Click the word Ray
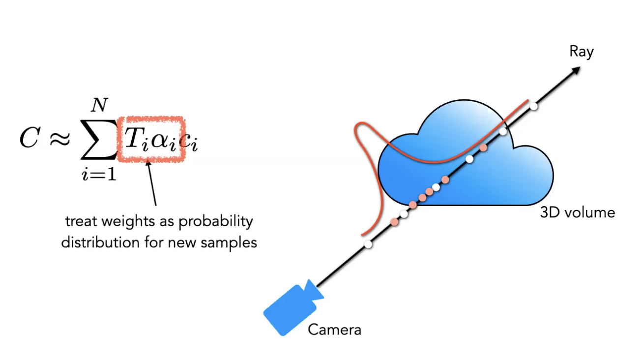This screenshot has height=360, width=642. [x=582, y=52]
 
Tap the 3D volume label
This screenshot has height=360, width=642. [x=577, y=212]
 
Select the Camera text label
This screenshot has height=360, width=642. [x=334, y=329]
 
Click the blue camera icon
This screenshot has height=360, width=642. [x=292, y=307]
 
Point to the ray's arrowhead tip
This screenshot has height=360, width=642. [x=579, y=68]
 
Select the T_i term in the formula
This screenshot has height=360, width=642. [x=135, y=140]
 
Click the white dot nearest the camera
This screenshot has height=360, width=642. [x=368, y=244]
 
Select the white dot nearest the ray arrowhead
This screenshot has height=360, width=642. [x=533, y=106]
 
